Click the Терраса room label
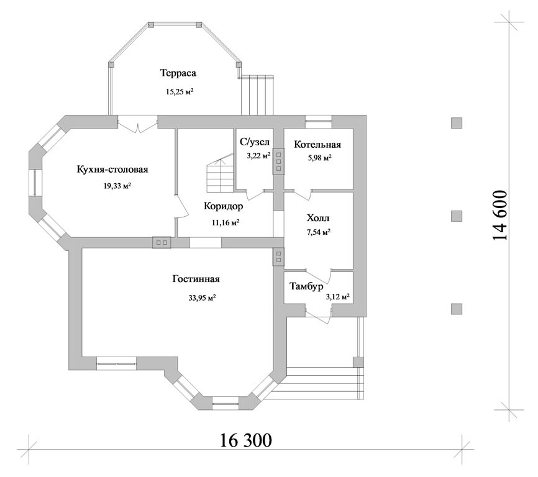pyautogui.click(x=178, y=73)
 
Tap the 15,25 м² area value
pyautogui.click(x=180, y=91)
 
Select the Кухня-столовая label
pyautogui.click(x=112, y=170)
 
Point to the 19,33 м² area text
pyautogui.click(x=117, y=186)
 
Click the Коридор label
pyautogui.click(x=224, y=206)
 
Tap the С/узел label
pyautogui.click(x=255, y=142)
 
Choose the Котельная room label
pyautogui.click(x=317, y=144)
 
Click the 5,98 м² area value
pyautogui.click(x=319, y=158)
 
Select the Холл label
pyautogui.click(x=318, y=218)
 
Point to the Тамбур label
pyautogui.click(x=306, y=286)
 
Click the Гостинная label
pyautogui.click(x=196, y=279)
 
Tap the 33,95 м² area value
pyautogui.click(x=202, y=298)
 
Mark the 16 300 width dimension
pyautogui.click(x=245, y=440)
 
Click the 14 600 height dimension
pyautogui.click(x=500, y=216)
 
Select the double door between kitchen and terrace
pyautogui.click(x=138, y=125)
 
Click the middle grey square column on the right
pyautogui.click(x=457, y=216)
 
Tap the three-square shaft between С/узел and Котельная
pyautogui.click(x=278, y=161)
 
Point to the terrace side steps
pyautogui.click(x=257, y=95)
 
